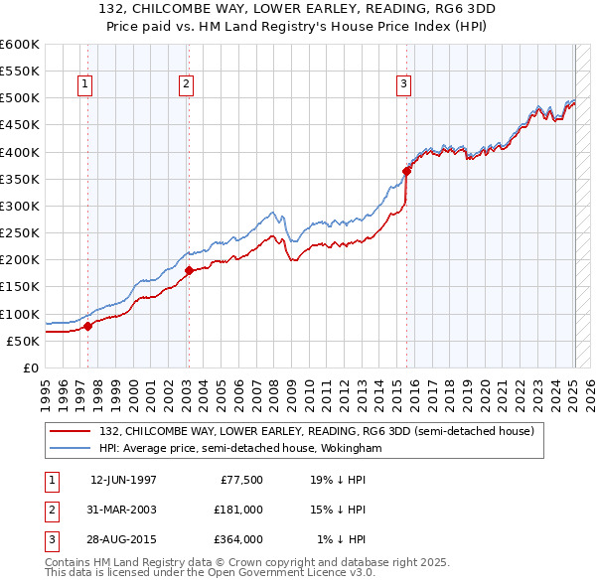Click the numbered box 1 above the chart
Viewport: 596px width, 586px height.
pyautogui.click(x=84, y=85)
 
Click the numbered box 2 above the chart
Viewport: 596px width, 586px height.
pyautogui.click(x=186, y=85)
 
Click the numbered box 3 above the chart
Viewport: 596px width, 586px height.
pyautogui.click(x=404, y=85)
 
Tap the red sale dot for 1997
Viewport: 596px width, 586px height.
pyautogui.click(x=87, y=325)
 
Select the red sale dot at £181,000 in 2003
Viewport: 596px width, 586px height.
pyautogui.click(x=189, y=269)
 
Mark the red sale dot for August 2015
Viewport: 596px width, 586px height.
pyautogui.click(x=406, y=171)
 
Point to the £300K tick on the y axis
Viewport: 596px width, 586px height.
pyautogui.click(x=21, y=206)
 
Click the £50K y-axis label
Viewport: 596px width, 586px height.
pyautogui.click(x=25, y=341)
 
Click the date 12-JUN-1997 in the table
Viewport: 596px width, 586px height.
pyautogui.click(x=123, y=479)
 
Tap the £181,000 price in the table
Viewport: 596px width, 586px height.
pyautogui.click(x=238, y=510)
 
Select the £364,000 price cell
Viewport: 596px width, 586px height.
pyautogui.click(x=238, y=539)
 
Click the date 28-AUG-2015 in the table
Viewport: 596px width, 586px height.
pyautogui.click(x=123, y=539)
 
